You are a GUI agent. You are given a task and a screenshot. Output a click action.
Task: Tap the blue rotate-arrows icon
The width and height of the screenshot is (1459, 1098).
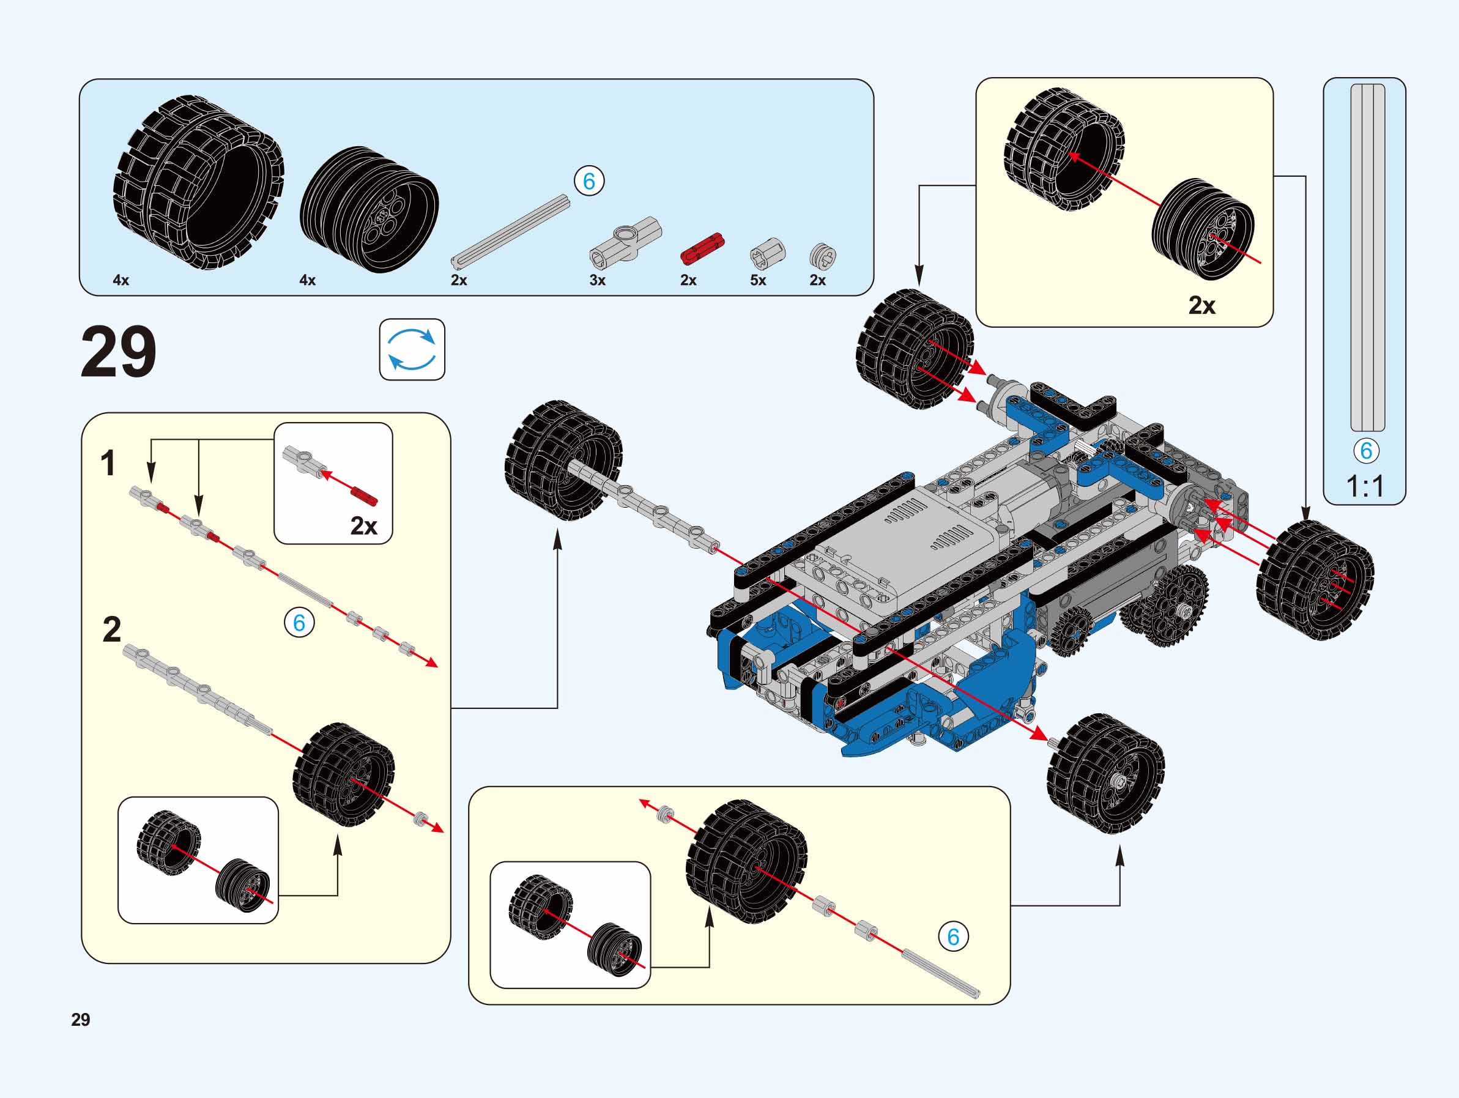(x=412, y=349)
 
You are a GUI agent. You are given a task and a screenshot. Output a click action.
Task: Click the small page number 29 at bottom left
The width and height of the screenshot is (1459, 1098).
(x=81, y=1020)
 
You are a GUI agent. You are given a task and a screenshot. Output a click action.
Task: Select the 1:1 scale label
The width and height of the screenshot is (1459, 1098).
(x=1365, y=487)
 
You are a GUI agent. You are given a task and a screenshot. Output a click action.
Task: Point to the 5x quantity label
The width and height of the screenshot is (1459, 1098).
(x=758, y=280)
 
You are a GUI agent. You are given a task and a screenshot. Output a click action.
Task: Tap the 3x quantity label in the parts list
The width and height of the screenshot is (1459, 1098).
(x=597, y=280)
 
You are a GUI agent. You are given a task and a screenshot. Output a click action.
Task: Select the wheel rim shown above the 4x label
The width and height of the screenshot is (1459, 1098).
(x=369, y=210)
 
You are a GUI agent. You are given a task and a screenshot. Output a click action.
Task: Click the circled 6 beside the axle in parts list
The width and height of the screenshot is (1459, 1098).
(x=589, y=180)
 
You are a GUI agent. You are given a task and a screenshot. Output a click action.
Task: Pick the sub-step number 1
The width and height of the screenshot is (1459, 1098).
(x=108, y=463)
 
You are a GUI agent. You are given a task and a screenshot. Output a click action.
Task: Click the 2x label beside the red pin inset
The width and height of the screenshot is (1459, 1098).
(x=363, y=525)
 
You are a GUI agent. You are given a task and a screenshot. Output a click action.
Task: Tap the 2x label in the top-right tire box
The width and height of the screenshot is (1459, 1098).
(x=1201, y=305)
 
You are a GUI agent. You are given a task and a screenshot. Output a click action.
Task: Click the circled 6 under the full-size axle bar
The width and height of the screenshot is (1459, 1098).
(x=1366, y=450)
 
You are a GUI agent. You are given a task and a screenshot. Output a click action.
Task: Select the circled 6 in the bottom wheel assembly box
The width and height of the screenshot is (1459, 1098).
(x=953, y=937)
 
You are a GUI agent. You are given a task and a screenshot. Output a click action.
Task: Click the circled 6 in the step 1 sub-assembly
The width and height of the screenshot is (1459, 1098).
(x=299, y=623)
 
